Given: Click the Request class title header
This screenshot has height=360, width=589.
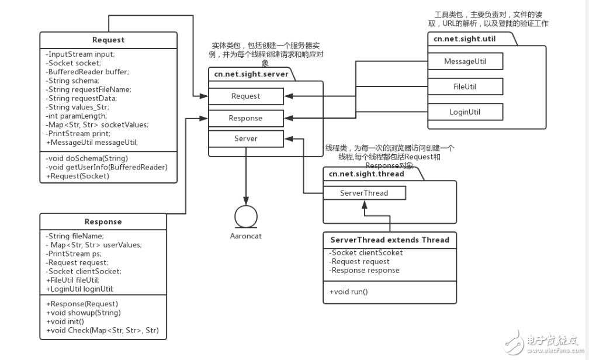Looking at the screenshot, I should [108, 40].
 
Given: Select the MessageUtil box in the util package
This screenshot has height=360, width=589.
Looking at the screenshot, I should [465, 61].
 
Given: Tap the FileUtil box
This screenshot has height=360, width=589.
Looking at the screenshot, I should [465, 86].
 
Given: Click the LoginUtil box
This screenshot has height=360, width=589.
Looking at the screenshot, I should [465, 112].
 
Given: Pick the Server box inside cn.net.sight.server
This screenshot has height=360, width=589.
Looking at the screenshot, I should [246, 139].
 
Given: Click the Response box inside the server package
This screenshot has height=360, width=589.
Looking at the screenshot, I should [246, 117].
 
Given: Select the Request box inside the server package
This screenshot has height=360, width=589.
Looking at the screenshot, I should [246, 96].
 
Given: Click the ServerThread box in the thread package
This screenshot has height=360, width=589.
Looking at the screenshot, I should [364, 193].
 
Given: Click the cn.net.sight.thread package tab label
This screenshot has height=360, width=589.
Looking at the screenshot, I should [366, 174].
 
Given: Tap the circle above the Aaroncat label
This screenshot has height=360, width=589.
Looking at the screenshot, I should [246, 217].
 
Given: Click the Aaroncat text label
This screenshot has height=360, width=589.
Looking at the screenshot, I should [246, 237].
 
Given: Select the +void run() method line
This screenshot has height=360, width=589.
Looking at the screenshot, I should [349, 291].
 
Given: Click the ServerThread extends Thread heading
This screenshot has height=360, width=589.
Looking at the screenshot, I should [390, 240].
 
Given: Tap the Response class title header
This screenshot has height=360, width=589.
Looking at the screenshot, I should [103, 221].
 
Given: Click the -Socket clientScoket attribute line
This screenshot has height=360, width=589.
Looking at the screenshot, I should [366, 253].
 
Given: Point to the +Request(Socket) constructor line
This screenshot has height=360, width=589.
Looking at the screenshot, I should [77, 175].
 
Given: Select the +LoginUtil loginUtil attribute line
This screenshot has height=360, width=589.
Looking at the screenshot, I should [80, 289].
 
